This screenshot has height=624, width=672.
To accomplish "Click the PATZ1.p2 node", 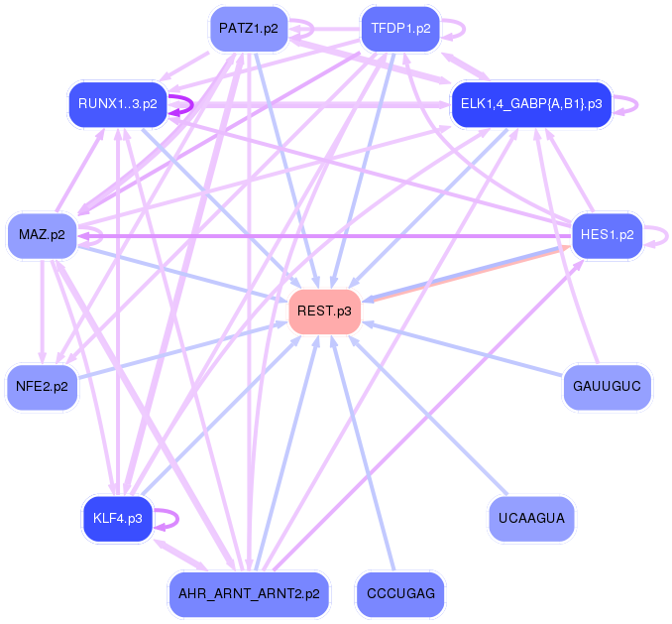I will [x=249, y=28].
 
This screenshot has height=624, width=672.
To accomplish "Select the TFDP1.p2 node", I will [x=400, y=28].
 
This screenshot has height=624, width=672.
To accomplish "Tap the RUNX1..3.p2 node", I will [x=118, y=104].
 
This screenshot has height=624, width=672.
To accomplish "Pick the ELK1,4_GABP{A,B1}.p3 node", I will [x=531, y=104].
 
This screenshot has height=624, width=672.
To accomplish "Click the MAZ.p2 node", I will [x=42, y=235].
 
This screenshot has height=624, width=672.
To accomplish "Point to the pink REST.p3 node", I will [x=324, y=312].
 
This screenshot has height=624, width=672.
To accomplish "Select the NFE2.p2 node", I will [x=42, y=387].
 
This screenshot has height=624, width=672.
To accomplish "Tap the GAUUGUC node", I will [x=607, y=387].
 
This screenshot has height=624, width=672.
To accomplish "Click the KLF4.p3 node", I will [x=118, y=518].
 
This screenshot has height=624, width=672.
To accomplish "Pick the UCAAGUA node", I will [x=531, y=518].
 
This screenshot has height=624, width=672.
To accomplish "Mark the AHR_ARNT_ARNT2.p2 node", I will [x=249, y=594].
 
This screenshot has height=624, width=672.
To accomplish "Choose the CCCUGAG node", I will [x=400, y=594].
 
